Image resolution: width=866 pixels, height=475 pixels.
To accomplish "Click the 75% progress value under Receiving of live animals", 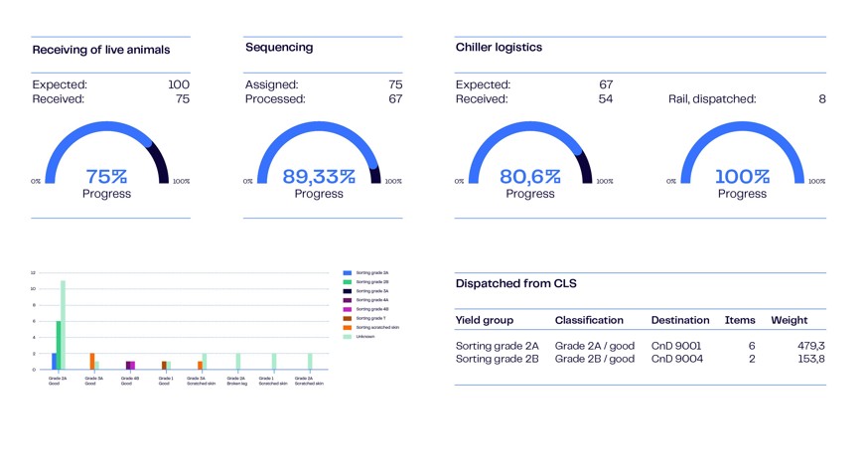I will point(106,177).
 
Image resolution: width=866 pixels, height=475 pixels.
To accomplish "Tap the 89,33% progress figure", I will point(319,177).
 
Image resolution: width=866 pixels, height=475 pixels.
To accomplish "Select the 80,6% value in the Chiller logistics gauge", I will point(530,177).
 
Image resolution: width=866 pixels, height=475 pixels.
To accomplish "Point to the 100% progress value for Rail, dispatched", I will point(742,177).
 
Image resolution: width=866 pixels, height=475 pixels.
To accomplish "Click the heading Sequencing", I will point(279,47).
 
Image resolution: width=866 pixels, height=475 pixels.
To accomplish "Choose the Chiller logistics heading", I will point(499,47).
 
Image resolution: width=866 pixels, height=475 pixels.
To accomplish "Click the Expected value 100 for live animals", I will point(179,84).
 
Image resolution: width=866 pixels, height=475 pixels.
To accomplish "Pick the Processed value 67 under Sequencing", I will point(395,98).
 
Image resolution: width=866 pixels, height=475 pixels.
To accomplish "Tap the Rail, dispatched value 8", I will point(821,98).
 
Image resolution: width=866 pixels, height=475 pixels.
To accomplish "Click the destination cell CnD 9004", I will point(676,359).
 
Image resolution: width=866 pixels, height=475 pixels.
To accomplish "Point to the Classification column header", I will point(589,320).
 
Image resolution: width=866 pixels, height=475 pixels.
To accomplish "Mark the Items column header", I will point(740,320).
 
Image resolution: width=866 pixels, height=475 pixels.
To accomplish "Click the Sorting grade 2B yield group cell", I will point(497,359).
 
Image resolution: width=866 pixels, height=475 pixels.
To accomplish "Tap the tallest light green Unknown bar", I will point(63,324).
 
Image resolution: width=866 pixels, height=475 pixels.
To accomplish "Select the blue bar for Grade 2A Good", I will point(54,361).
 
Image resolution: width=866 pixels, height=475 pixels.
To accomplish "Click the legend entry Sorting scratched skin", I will point(377,327).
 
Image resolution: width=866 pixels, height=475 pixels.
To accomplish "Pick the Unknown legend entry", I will point(365,336).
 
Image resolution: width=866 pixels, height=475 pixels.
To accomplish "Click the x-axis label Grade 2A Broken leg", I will point(236,381).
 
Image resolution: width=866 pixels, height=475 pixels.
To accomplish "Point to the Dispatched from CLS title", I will point(515,283).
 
